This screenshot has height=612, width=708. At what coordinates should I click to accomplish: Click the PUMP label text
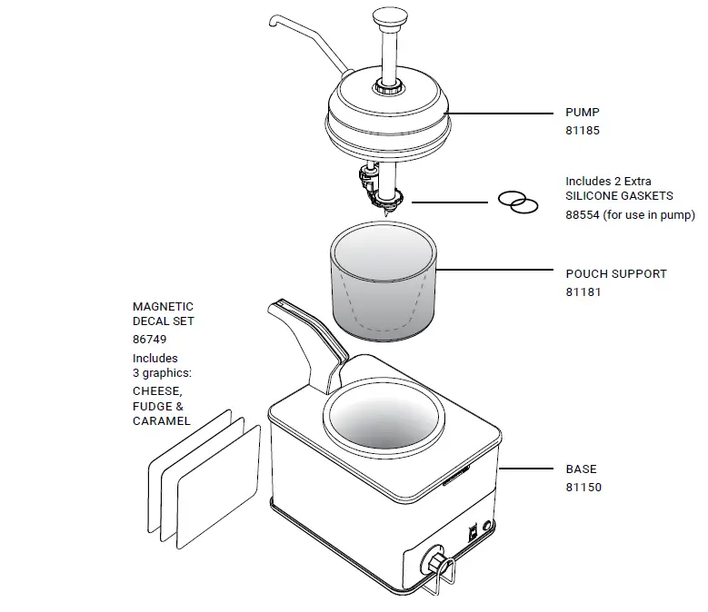click(x=582, y=113)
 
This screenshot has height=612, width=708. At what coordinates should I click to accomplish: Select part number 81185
click(x=582, y=131)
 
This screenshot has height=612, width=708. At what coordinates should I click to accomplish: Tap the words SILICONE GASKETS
click(x=619, y=196)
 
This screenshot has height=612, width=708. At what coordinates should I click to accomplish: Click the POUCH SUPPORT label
click(x=615, y=273)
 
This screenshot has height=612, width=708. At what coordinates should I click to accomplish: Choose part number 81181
click(x=582, y=292)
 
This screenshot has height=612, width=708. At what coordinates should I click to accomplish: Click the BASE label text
click(x=581, y=469)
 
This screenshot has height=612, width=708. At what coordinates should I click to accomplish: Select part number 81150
click(x=583, y=488)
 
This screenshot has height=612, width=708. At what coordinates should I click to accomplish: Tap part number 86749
click(x=150, y=339)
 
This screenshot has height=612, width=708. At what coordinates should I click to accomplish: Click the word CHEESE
click(x=156, y=391)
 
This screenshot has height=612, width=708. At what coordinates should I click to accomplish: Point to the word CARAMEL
click(x=161, y=421)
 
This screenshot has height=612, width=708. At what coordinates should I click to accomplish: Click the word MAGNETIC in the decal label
click(x=163, y=307)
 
